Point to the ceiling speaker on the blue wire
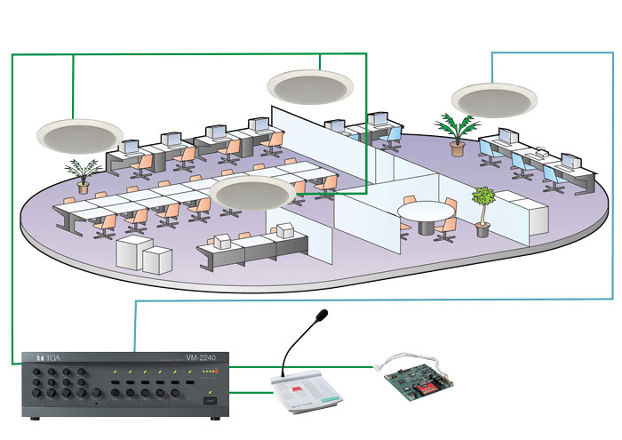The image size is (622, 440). point(491,98)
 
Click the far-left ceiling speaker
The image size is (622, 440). point(79,134)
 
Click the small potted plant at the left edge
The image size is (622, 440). point(83,174)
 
